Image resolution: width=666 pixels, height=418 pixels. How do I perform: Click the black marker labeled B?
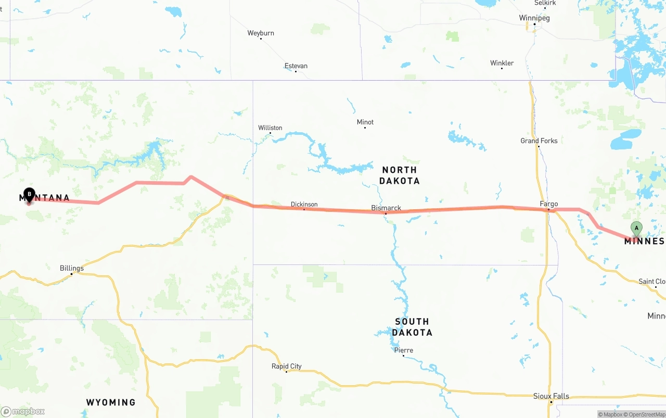(29, 195)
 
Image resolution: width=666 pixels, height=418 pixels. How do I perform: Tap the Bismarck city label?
(386, 208)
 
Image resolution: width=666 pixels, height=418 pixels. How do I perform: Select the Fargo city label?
(549, 204)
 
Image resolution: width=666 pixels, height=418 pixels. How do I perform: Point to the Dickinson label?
(304, 204)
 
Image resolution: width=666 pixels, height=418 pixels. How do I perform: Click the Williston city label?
(270, 128)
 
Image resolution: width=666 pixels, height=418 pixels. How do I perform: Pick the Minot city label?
(365, 122)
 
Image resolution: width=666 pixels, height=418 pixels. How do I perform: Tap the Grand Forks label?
(539, 141)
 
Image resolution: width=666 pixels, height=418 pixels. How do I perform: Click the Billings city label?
(72, 268)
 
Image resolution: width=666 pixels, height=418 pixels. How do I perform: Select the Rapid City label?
(286, 366)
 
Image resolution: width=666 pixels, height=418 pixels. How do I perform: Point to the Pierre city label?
(403, 350)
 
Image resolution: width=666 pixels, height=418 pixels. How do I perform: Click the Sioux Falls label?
(551, 396)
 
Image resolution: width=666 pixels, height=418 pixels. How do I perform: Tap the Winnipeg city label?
(534, 18)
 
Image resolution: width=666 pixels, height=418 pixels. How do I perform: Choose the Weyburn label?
(260, 33)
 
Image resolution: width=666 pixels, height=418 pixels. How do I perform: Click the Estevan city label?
(296, 66)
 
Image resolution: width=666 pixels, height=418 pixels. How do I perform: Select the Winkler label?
(502, 63)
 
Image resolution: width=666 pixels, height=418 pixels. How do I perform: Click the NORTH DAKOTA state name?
(399, 175)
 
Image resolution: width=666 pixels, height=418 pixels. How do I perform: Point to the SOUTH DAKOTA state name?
(412, 327)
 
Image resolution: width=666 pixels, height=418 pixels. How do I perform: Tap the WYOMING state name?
(110, 402)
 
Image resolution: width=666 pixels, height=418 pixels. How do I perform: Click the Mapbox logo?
(23, 412)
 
